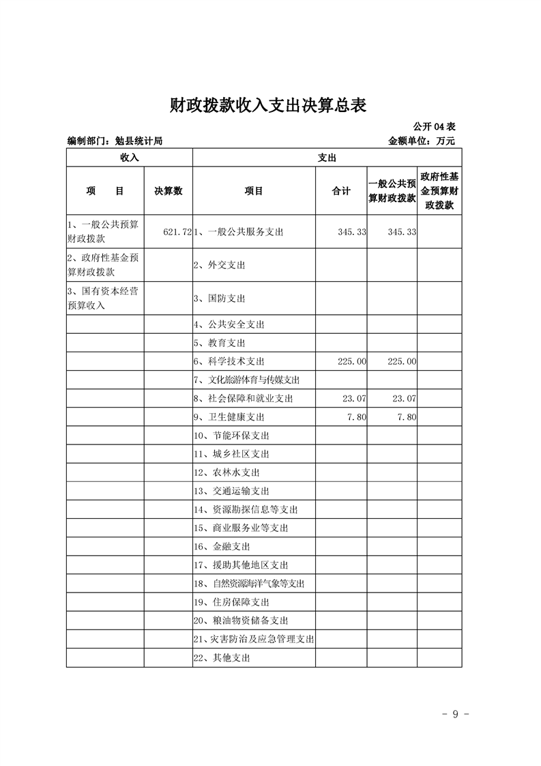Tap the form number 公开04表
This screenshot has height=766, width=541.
[434, 128]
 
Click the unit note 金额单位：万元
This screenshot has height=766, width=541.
[421, 141]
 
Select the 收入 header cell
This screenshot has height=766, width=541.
[130, 157]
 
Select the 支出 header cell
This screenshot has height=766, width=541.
[327, 157]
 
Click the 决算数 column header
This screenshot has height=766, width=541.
[168, 191]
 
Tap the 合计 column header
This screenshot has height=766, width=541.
[341, 191]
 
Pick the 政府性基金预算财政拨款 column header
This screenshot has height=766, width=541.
[439, 191]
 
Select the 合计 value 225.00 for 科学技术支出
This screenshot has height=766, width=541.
[352, 361]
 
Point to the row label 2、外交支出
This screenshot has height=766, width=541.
[220, 265]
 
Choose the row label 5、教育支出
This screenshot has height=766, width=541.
[220, 343]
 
